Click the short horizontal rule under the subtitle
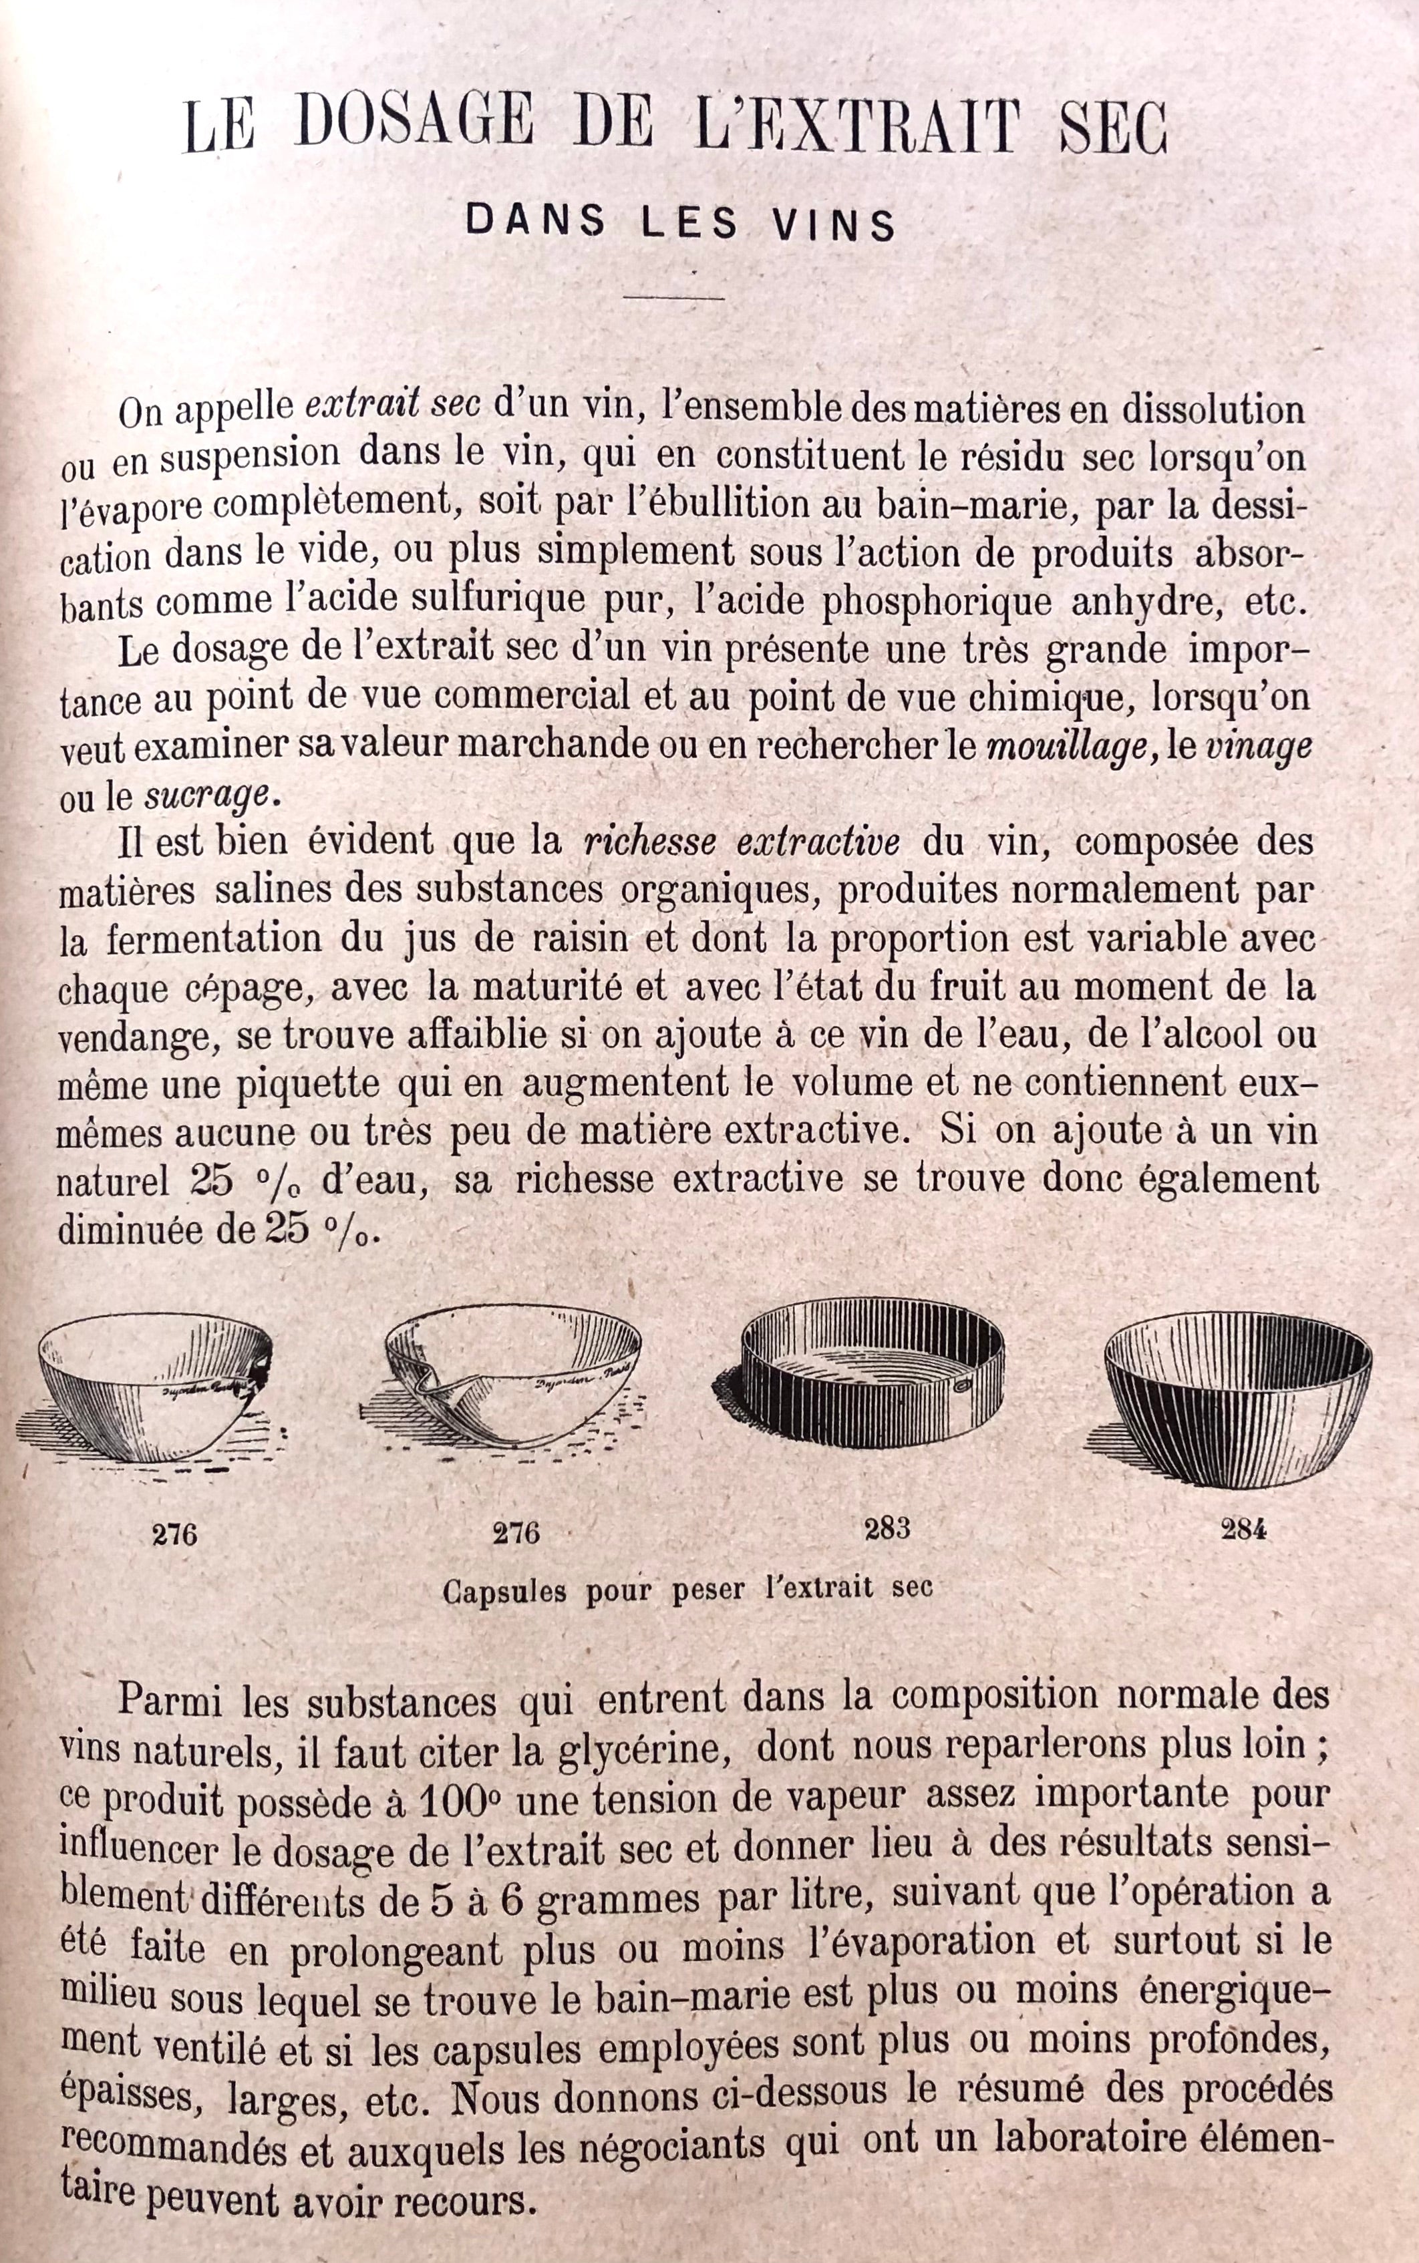[674, 299]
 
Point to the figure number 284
[1243, 1530]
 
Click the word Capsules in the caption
[504, 1590]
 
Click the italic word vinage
[1257, 747]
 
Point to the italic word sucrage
[207, 796]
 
